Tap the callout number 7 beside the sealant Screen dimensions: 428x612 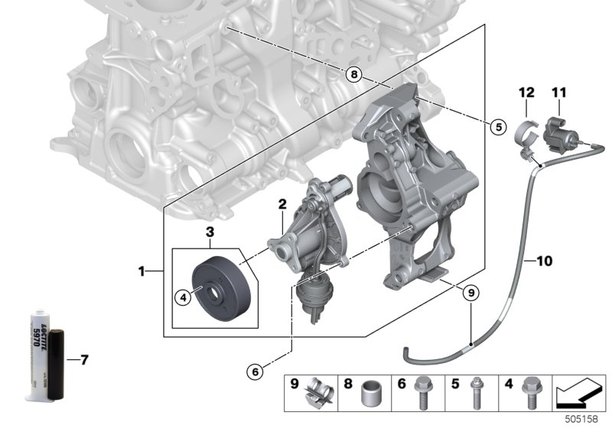[84, 358]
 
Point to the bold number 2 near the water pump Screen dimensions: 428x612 [282, 204]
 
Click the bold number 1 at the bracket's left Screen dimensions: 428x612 [141, 271]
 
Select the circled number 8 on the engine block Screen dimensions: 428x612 [353, 75]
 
